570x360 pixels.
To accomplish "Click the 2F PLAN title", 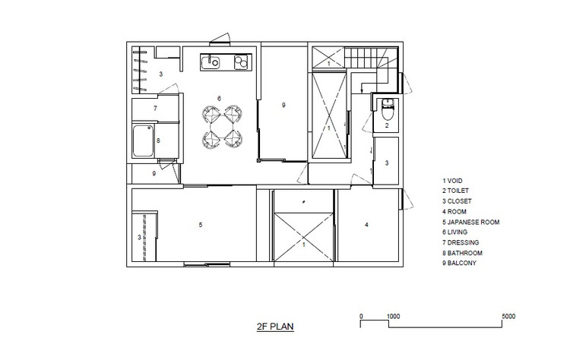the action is click(x=275, y=327).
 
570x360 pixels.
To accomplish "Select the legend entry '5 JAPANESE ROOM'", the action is click(x=470, y=222).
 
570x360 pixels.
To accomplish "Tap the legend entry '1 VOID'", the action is click(x=452, y=181).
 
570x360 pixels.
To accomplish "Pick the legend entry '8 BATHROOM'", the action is click(x=462, y=253).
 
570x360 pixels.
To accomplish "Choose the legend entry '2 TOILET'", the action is click(x=455, y=191).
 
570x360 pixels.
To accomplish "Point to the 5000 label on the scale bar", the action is click(x=508, y=316).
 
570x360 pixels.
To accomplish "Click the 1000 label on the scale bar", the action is click(x=393, y=316).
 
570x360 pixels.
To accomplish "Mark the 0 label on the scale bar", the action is click(x=361, y=316).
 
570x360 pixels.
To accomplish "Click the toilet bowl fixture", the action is click(x=387, y=109).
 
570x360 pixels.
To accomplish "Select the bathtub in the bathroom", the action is click(x=143, y=141).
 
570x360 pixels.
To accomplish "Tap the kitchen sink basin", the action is click(x=210, y=62).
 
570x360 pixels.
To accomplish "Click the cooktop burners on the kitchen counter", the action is click(x=241, y=62).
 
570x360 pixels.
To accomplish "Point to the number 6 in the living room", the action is click(x=219, y=99).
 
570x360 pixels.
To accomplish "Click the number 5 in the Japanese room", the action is click(x=201, y=225).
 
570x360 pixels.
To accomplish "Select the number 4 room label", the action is click(x=366, y=225).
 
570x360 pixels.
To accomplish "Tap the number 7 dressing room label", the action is click(x=155, y=109).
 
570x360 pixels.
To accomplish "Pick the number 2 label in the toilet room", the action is click(x=387, y=125).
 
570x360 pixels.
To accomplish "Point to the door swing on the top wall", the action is click(x=220, y=39).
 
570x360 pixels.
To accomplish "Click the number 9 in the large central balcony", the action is click(x=283, y=105).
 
